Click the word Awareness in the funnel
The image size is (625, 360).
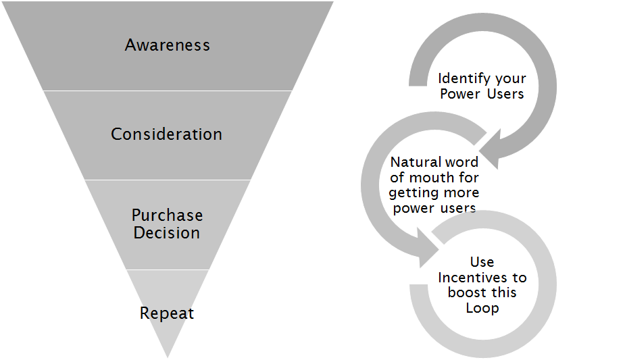(167, 45)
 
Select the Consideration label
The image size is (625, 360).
(166, 134)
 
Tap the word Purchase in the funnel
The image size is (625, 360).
(167, 215)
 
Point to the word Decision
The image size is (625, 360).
(167, 233)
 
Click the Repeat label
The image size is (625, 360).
(167, 313)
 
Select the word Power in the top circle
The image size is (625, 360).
(460, 94)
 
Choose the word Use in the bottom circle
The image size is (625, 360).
(482, 262)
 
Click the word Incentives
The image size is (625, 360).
(482, 278)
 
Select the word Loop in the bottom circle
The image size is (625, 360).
(482, 308)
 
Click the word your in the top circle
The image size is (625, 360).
(510, 79)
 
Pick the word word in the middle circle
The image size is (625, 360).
(461, 163)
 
